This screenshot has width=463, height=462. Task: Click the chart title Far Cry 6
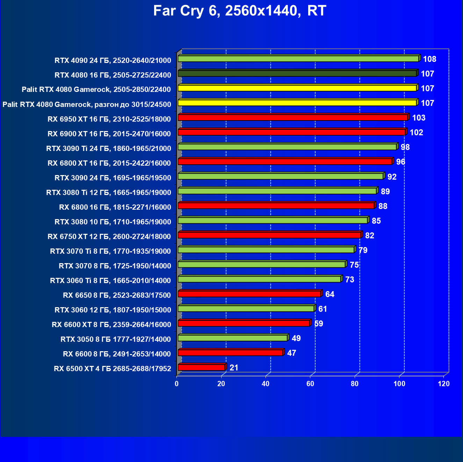pyautogui.click(x=239, y=11)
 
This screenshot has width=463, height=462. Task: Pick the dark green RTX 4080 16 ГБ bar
pyautogui.click(x=297, y=73)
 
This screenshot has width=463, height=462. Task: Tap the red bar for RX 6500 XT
pyautogui.click(x=201, y=367)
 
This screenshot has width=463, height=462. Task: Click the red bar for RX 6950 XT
pyautogui.click(x=292, y=117)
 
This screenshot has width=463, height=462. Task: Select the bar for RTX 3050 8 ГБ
pyautogui.click(x=232, y=338)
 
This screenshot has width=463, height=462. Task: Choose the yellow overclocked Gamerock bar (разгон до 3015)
pyautogui.click(x=297, y=103)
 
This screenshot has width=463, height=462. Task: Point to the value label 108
pyautogui.click(x=429, y=59)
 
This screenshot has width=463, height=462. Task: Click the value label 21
pyautogui.click(x=234, y=368)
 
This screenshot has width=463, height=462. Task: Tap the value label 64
pyautogui.click(x=330, y=294)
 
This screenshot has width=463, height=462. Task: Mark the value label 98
pyautogui.click(x=405, y=147)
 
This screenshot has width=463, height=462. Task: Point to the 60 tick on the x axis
pyautogui.click(x=310, y=384)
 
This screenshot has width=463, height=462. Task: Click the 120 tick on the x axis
pyautogui.click(x=444, y=384)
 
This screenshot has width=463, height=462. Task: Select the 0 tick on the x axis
pyautogui.click(x=177, y=384)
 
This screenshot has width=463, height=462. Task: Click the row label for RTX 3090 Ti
pyautogui.click(x=109, y=149)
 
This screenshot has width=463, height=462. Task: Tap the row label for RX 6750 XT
pyautogui.click(x=109, y=237)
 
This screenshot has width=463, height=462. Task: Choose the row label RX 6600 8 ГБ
pyautogui.click(x=117, y=354)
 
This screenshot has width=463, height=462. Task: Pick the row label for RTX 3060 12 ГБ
pyautogui.click(x=113, y=310)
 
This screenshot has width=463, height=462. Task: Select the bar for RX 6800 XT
pyautogui.click(x=285, y=161)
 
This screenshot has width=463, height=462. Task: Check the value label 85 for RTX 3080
pyautogui.click(x=376, y=221)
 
